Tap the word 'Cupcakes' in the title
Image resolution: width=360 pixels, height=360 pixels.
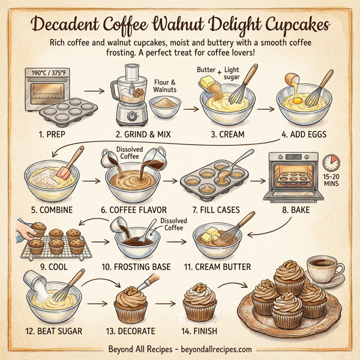coord(295,26)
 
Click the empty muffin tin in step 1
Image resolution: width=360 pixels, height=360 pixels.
coord(67,111)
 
